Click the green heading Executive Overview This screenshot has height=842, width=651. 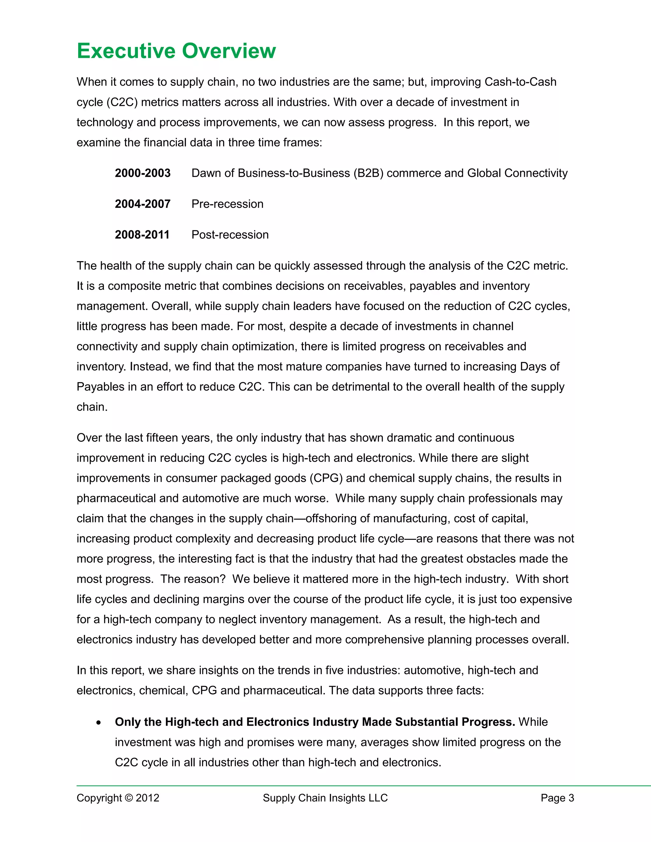[x=176, y=51]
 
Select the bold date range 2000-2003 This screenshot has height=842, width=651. [x=142, y=173]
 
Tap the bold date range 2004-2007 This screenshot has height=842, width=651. [x=142, y=204]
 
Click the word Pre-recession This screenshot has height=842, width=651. [x=227, y=204]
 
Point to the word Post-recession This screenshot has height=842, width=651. [x=230, y=235]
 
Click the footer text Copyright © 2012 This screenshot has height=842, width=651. [x=118, y=798]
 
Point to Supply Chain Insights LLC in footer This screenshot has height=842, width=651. [x=325, y=798]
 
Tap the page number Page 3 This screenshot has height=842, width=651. [x=557, y=798]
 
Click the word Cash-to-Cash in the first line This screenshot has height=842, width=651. [x=520, y=82]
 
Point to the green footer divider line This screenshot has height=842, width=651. [x=362, y=786]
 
